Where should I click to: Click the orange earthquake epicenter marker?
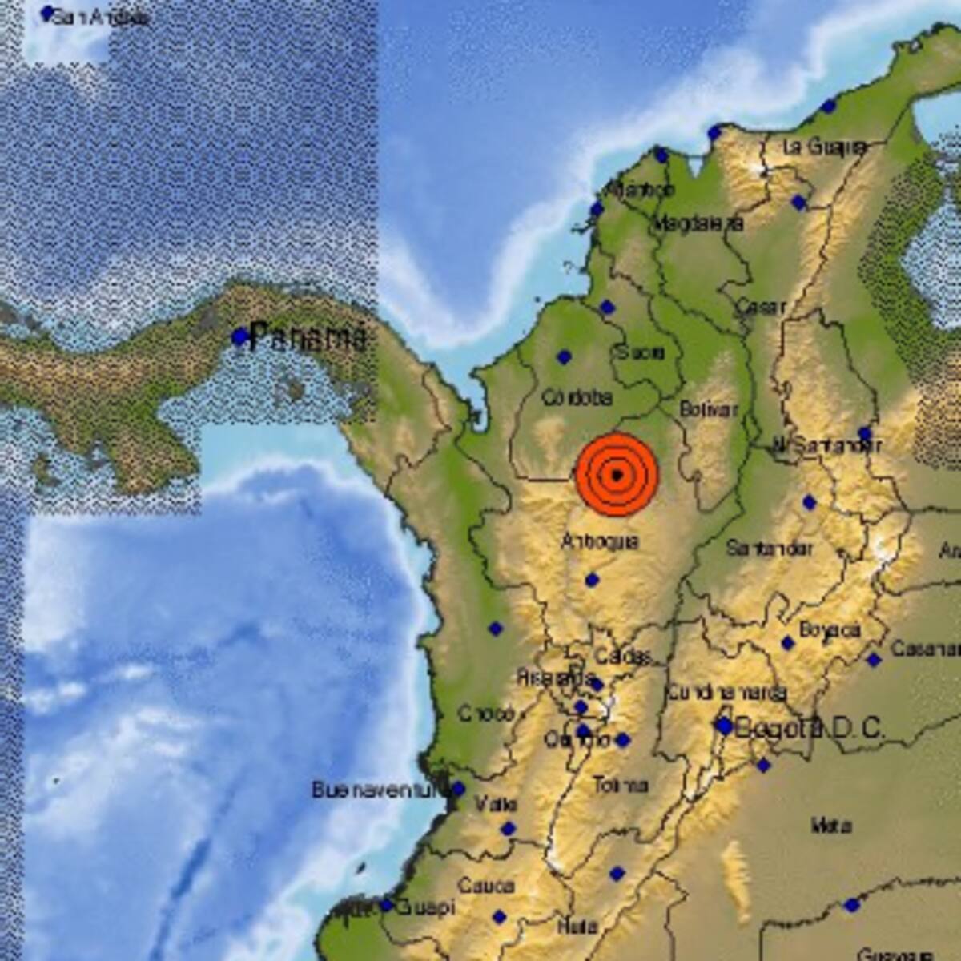coord(617,475)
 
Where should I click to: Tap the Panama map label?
coord(308,336)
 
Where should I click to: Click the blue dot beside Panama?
coord(239,337)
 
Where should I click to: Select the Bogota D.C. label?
coord(809,728)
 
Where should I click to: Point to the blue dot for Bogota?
coord(724,726)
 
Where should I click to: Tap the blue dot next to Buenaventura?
coord(457,789)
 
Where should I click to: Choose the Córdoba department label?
coord(577,397)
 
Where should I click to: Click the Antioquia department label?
coord(599,541)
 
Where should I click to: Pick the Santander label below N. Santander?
coord(769,549)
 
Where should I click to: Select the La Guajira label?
coord(825,147)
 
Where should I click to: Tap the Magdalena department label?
coord(698,224)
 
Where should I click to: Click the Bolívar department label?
coord(708,409)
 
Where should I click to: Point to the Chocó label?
coord(486,713)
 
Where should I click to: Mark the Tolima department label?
coord(621,786)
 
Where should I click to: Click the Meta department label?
coord(830,825)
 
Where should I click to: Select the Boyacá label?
coord(830,630)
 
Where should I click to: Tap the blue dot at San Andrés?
coord(48,12)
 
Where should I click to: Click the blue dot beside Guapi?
coord(386,906)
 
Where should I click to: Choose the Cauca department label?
coord(486,886)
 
